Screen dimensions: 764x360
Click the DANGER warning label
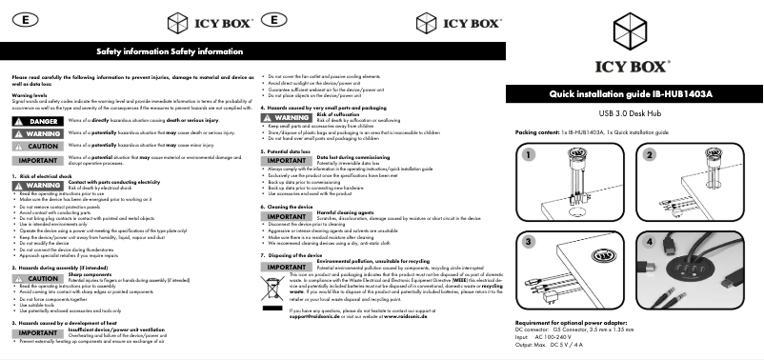(x=31, y=122)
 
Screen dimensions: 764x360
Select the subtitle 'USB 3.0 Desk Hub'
(x=631, y=113)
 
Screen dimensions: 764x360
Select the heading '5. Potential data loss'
(x=291, y=151)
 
